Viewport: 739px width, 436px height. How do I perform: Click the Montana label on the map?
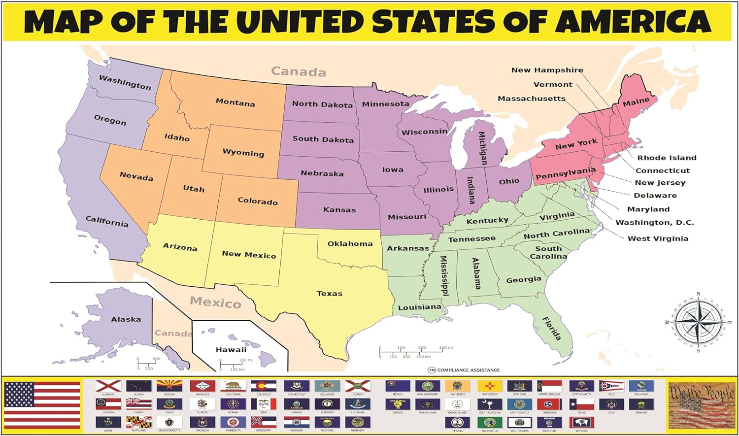(x=235, y=102)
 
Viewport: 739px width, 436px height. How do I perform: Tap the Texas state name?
(x=329, y=294)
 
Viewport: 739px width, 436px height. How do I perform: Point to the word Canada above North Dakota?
(x=299, y=72)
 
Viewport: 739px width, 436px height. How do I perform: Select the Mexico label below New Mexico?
(x=215, y=302)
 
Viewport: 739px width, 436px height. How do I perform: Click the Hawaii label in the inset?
(x=231, y=350)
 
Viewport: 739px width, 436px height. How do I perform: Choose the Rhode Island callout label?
(x=667, y=158)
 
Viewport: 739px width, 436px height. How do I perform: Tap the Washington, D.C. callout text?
(x=654, y=223)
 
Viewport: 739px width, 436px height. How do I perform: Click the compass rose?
(x=698, y=322)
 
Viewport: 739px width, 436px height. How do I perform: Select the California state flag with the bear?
(x=233, y=386)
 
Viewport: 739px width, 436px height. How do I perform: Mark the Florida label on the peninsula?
(x=552, y=329)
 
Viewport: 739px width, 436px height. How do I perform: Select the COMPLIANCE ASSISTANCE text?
(x=468, y=370)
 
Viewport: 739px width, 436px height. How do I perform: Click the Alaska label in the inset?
(x=126, y=319)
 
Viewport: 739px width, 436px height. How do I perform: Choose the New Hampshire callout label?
(x=547, y=70)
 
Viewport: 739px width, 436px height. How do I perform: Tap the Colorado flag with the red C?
(x=264, y=386)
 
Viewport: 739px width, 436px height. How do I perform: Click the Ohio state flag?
(x=611, y=386)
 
